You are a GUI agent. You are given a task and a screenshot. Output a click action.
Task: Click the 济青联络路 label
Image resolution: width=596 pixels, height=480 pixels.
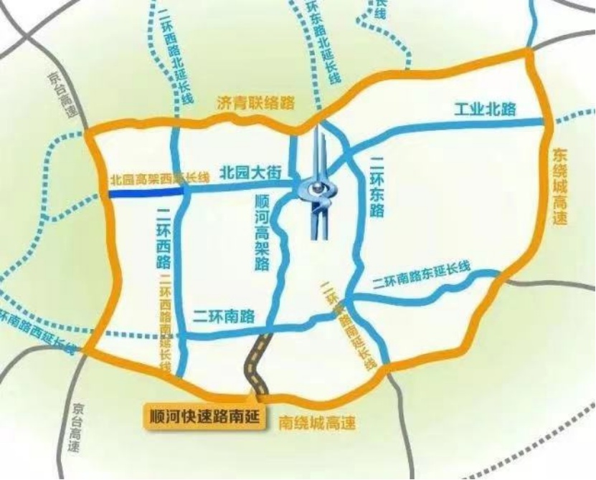pyautogui.click(x=255, y=102)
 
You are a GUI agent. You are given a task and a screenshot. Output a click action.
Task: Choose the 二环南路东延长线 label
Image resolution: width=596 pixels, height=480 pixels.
pyautogui.click(x=422, y=277)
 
